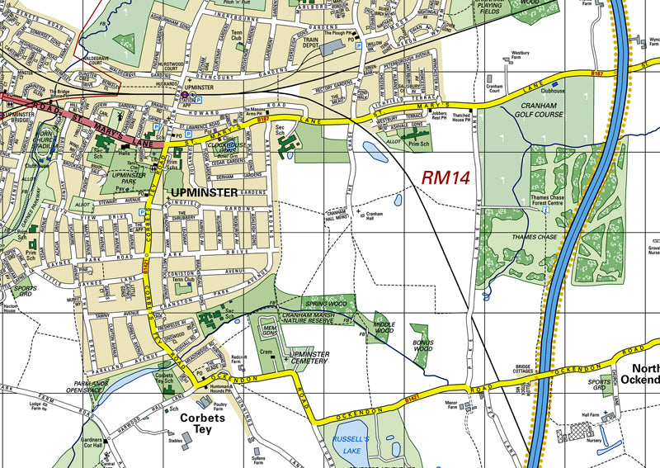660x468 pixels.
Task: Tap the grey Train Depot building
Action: tap(331, 48)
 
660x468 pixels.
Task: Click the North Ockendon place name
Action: tap(644, 374)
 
